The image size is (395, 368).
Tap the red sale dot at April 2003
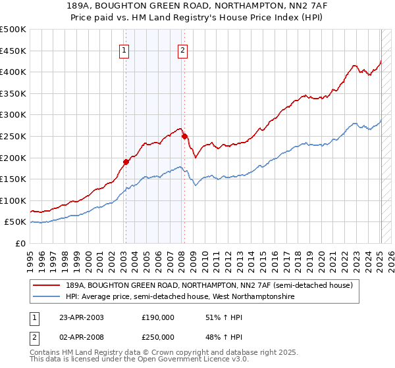pos(126,161)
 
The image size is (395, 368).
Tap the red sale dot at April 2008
pos(184,136)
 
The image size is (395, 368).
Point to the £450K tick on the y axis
pos(13,51)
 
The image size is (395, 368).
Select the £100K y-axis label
pos(13,200)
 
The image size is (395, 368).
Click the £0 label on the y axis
pos(20,244)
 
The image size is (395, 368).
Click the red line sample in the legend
pos(47,285)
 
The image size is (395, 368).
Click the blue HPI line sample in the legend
pos(47,297)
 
